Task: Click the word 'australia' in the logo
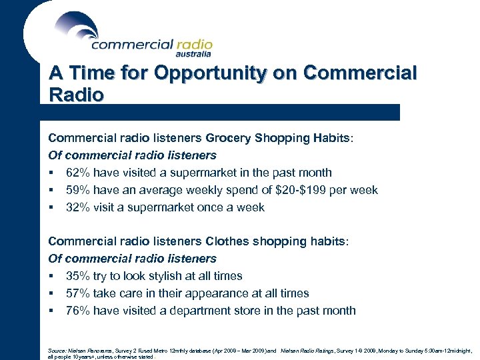tap(194, 55)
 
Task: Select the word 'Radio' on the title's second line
tap(76, 95)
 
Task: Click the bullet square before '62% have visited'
tap(51, 173)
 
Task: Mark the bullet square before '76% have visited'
tap(51, 311)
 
